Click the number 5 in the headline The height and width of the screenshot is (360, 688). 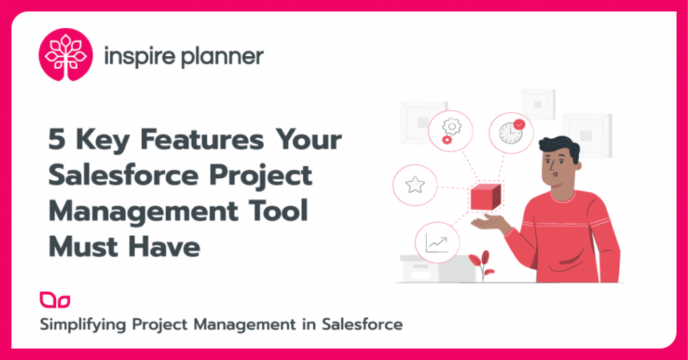click(x=58, y=141)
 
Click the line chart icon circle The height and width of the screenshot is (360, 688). click(x=437, y=243)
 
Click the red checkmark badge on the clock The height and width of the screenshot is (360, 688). click(x=520, y=124)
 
